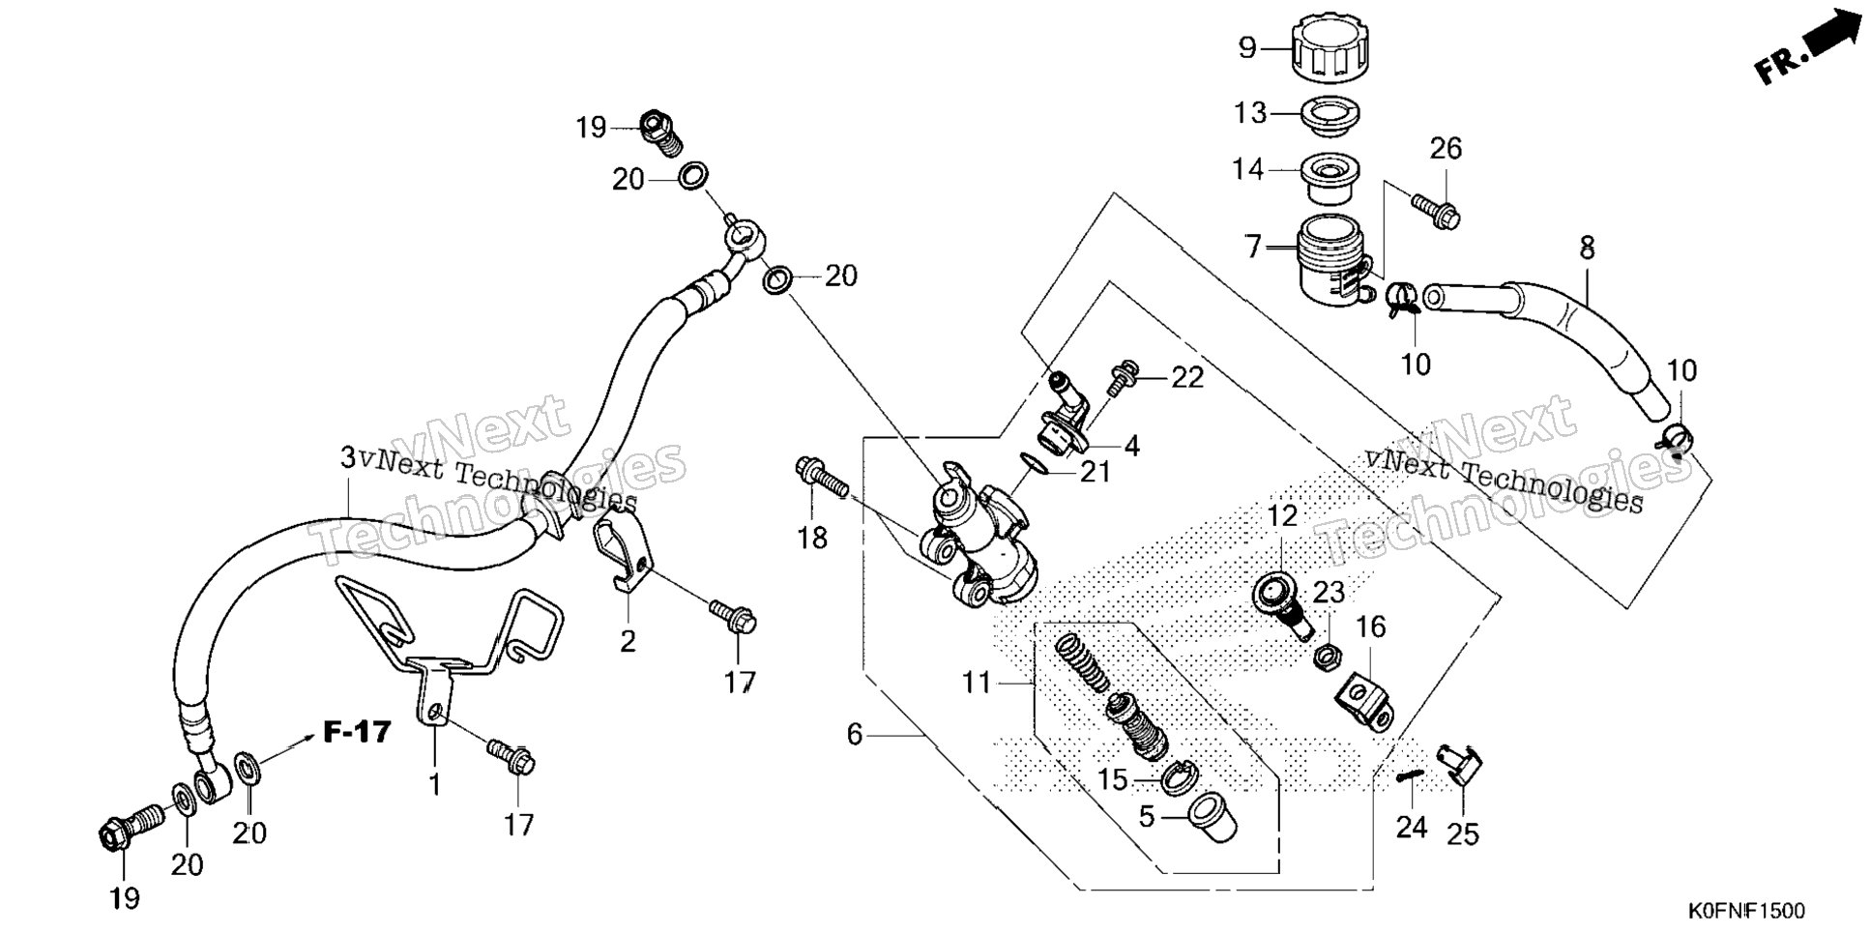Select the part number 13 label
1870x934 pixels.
(1250, 113)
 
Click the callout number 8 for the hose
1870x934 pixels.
(1587, 248)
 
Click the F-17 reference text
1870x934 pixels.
(357, 732)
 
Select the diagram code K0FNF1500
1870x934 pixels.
(1746, 912)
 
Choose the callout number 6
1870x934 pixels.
(854, 735)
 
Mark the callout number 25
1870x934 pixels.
(1463, 832)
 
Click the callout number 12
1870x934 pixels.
(1282, 516)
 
